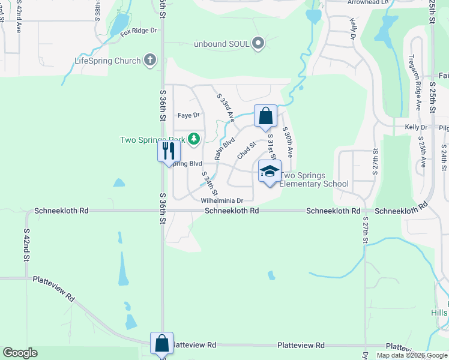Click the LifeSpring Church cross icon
(x=149, y=60)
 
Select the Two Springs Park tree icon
(x=194, y=139)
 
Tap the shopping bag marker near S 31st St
(x=265, y=116)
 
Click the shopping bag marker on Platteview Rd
(x=161, y=344)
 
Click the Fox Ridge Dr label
(x=138, y=31)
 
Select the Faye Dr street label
(x=188, y=115)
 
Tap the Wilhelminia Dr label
(x=221, y=200)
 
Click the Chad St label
(x=246, y=149)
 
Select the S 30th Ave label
(x=288, y=142)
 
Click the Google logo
(x=20, y=353)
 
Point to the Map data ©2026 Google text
(x=411, y=355)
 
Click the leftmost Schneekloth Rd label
(x=61, y=211)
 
